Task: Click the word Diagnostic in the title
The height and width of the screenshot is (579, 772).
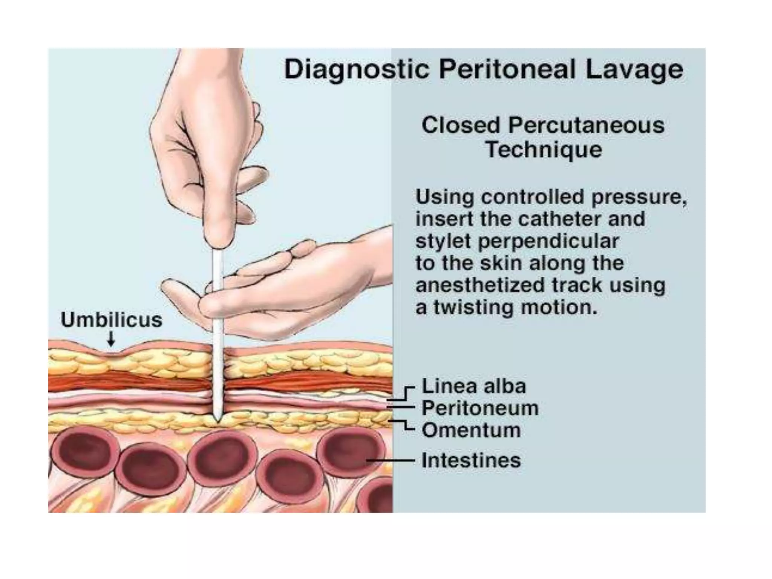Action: (356, 70)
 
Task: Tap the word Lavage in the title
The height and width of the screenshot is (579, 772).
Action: (634, 70)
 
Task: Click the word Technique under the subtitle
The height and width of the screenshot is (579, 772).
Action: (544, 150)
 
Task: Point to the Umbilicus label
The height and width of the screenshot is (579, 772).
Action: (112, 320)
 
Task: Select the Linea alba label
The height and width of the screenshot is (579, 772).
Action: (473, 386)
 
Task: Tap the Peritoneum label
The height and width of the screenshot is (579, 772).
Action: (480, 408)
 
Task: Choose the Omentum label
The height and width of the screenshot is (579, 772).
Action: (471, 430)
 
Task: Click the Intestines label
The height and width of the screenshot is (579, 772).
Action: (471, 460)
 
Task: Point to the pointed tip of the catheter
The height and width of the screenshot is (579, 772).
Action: (217, 419)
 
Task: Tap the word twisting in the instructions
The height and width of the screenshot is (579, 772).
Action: (473, 308)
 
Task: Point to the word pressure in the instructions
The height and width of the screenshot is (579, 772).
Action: (638, 197)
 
